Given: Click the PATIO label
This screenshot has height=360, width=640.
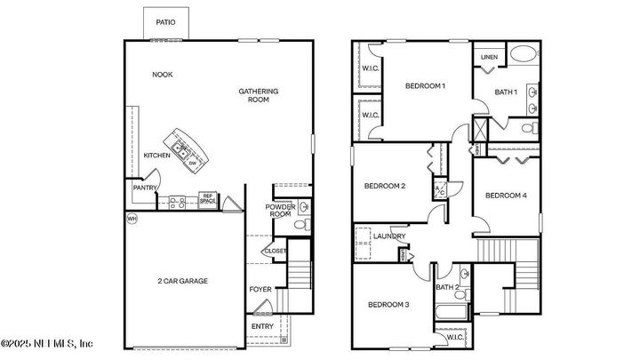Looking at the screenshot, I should [x=164, y=22].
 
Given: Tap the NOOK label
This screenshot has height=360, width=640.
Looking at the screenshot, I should [x=162, y=75].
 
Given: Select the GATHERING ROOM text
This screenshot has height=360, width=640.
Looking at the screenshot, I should [x=259, y=95].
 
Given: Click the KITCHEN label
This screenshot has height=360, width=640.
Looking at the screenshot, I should [x=156, y=156].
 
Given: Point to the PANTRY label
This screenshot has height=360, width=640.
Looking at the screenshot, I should [x=145, y=188].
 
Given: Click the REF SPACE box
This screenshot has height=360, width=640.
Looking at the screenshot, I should [x=208, y=200].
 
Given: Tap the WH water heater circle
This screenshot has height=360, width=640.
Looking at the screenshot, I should [x=132, y=219].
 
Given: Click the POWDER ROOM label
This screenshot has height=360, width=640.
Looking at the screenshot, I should [x=280, y=211].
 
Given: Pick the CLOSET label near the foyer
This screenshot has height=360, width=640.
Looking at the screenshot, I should [x=276, y=252].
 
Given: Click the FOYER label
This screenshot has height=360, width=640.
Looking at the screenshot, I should [x=260, y=289].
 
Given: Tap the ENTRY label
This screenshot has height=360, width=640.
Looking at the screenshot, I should [x=262, y=326].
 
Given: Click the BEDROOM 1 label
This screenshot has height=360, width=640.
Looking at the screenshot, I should [x=425, y=86].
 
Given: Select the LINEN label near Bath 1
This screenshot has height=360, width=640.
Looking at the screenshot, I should [x=489, y=58].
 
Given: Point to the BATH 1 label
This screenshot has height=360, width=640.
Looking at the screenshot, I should [x=507, y=92].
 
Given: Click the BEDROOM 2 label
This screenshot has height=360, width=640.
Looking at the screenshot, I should [x=385, y=186].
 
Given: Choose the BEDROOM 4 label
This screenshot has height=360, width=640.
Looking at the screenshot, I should [x=507, y=196].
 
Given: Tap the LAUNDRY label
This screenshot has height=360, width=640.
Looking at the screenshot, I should [x=388, y=236].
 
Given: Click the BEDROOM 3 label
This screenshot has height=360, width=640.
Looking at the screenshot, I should [x=388, y=305].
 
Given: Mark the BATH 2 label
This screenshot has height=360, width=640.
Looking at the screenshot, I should [x=447, y=286].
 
